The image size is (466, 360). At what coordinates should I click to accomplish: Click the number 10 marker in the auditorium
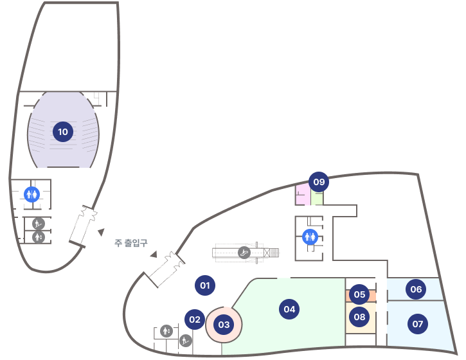coord(62,132)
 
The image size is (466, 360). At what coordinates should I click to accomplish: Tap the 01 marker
coord(205,285)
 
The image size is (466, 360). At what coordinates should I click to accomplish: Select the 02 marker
coord(195,319)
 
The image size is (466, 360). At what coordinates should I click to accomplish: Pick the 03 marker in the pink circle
coord(224,325)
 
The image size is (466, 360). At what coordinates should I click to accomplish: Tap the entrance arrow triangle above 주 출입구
coord(101,231)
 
